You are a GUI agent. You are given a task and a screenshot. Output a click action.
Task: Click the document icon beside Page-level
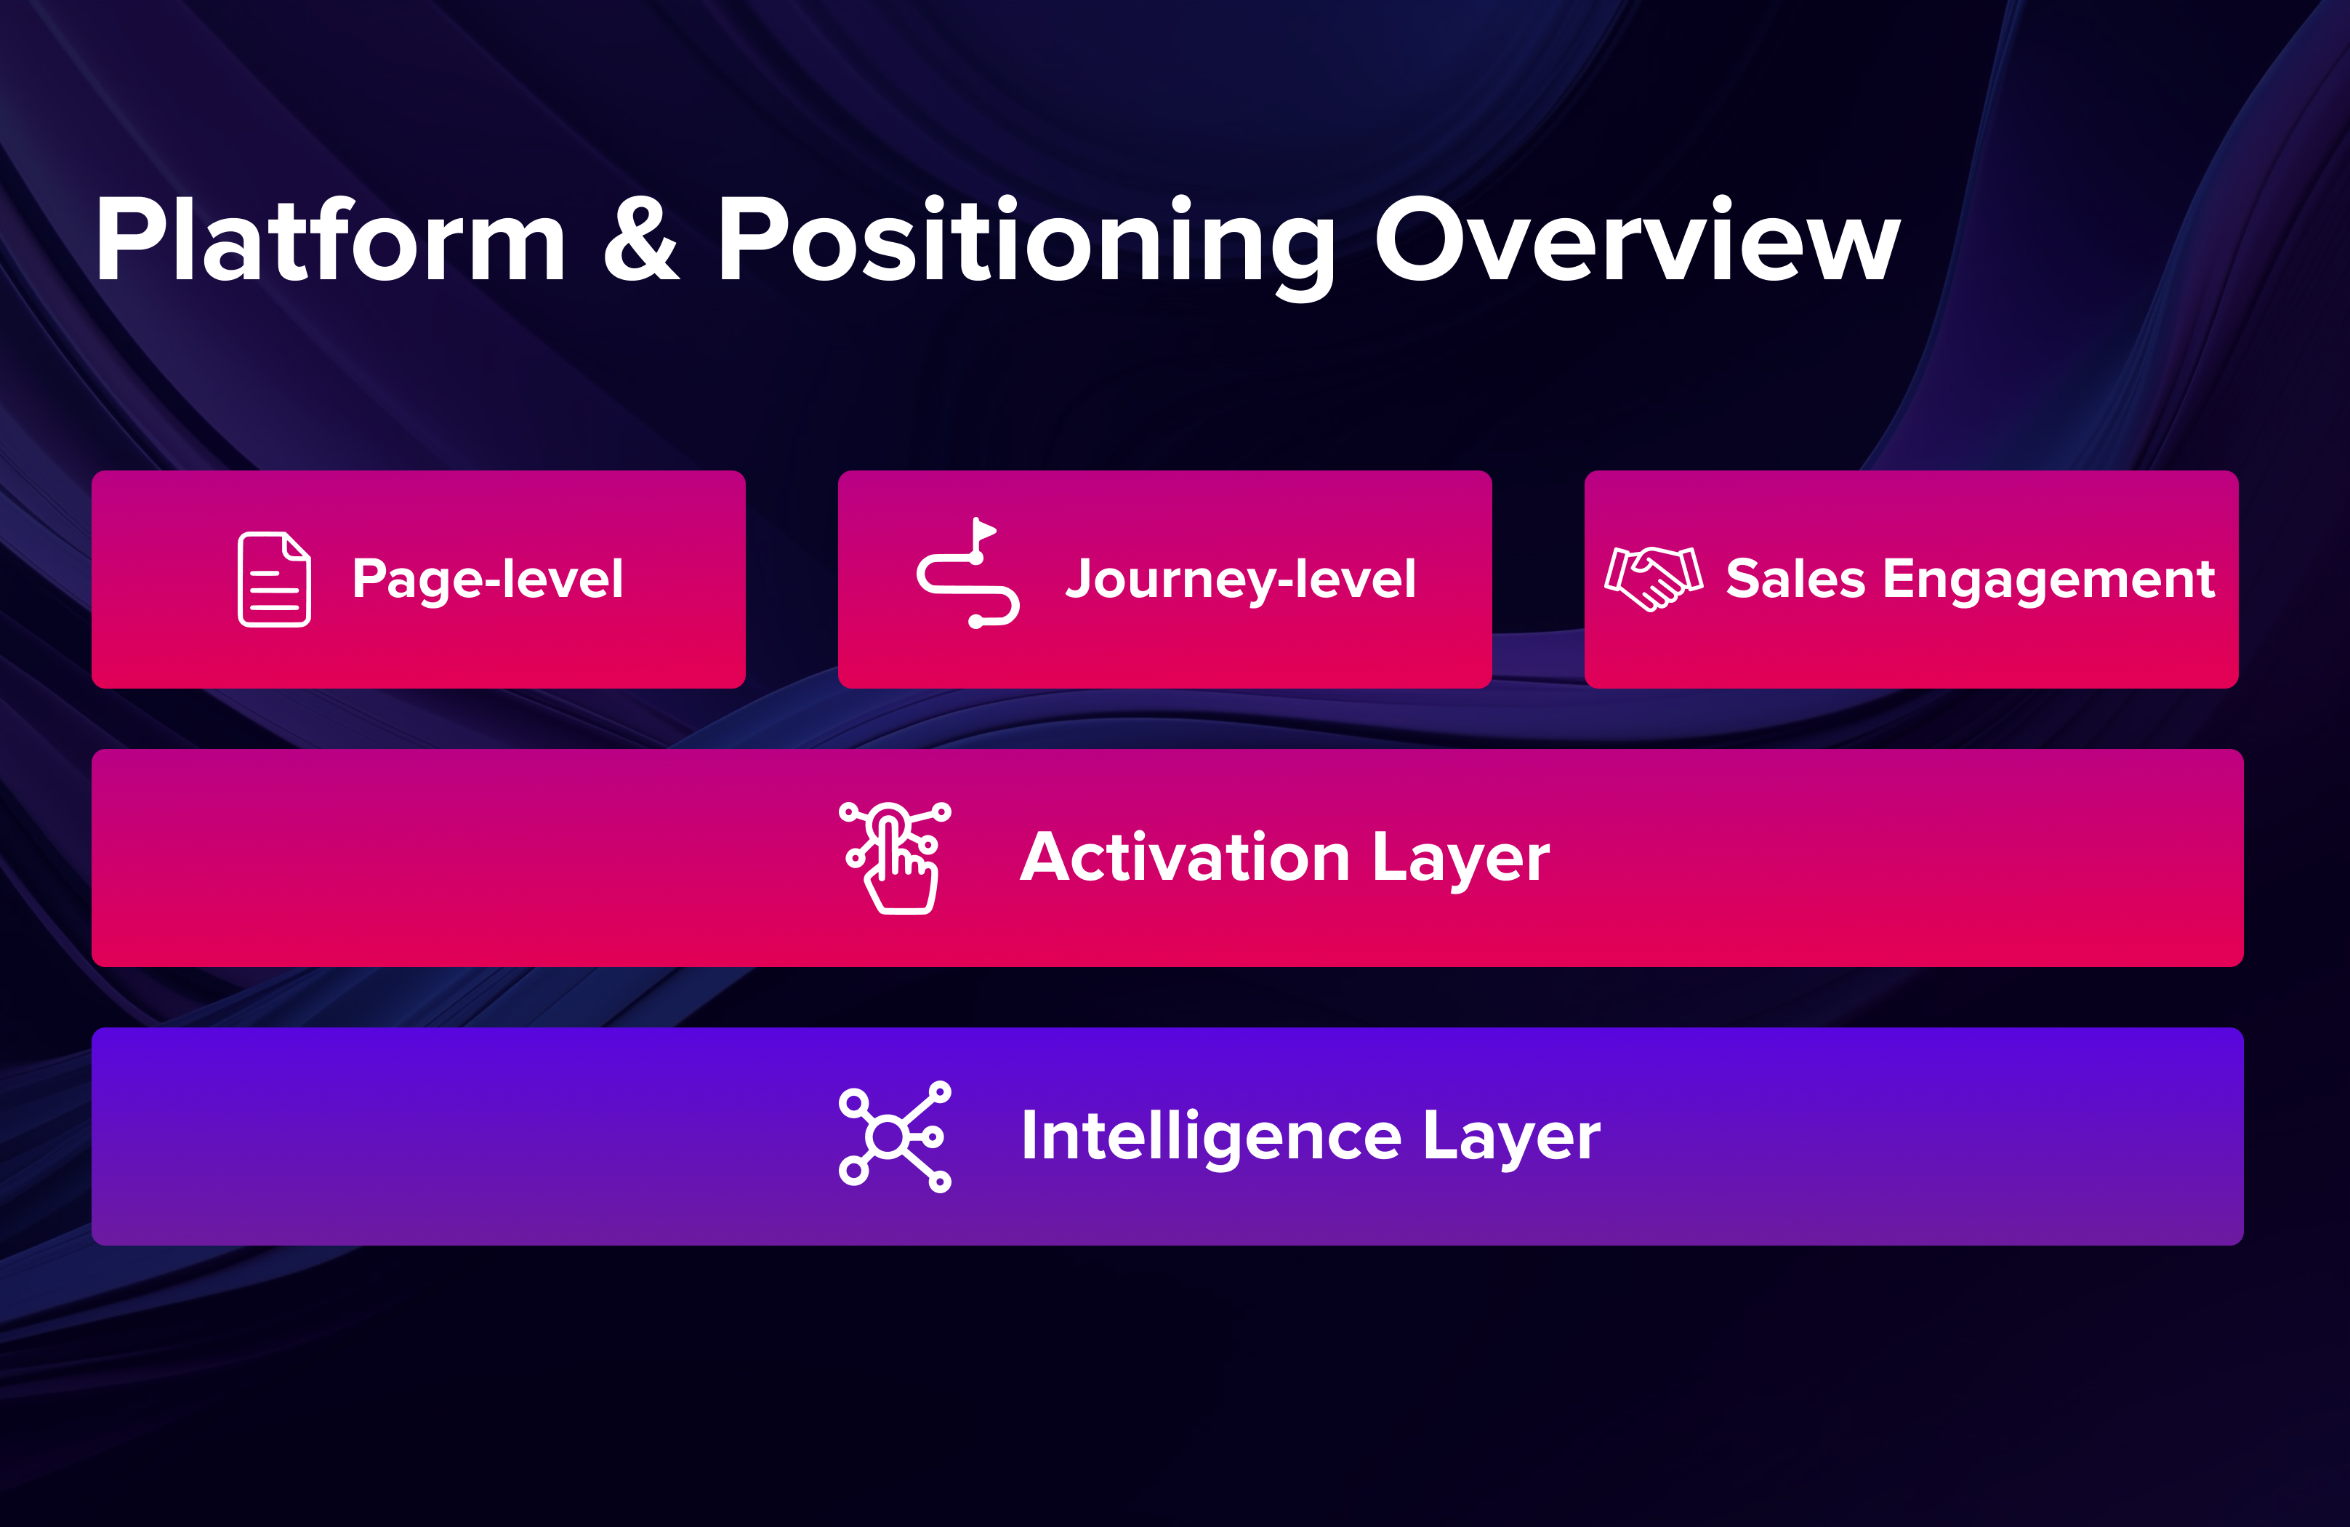click(275, 579)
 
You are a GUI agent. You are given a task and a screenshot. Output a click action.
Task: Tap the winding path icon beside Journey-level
click(967, 573)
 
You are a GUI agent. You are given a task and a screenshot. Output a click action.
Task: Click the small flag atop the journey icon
click(984, 529)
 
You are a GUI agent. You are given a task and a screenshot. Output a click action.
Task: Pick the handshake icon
click(1654, 578)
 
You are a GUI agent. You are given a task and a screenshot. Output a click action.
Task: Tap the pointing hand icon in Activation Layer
click(896, 858)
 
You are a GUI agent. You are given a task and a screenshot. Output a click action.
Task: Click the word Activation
click(1185, 857)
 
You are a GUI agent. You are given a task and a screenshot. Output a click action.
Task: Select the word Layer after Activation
click(1461, 859)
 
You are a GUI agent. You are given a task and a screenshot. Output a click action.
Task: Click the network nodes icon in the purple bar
click(895, 1137)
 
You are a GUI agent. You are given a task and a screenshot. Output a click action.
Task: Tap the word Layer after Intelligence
click(1512, 1138)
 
